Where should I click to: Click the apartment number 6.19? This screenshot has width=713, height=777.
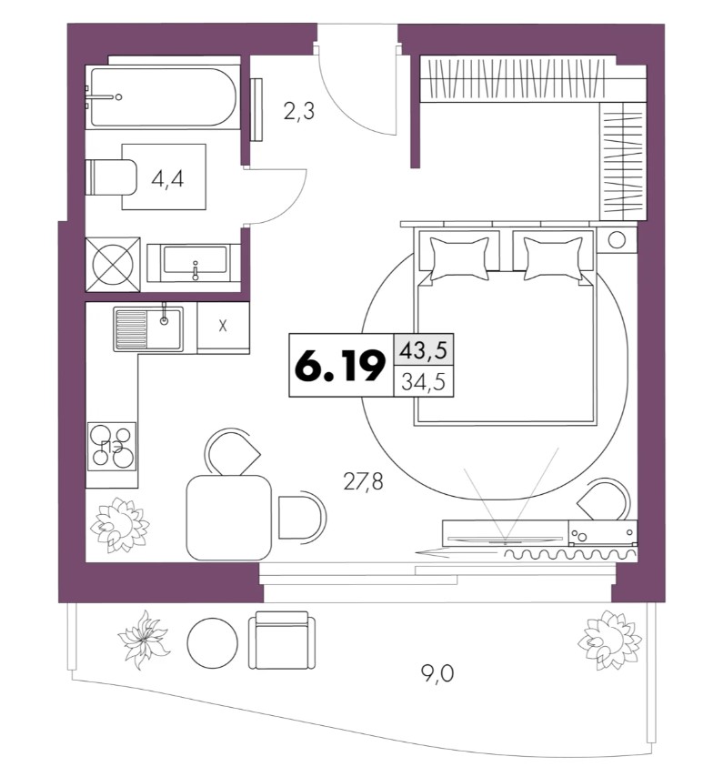(340, 365)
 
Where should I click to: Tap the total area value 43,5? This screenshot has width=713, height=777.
(423, 350)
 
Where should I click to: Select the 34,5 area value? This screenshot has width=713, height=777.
(423, 381)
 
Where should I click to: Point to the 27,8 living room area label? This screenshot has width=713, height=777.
(363, 480)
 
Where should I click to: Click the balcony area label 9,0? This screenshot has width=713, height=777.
(437, 673)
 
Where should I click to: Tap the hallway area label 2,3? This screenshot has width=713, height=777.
(299, 112)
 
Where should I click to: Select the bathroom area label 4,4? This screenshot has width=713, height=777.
(167, 179)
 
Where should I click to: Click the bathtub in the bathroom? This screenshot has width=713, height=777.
(163, 97)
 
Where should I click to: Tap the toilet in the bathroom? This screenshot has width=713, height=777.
(111, 177)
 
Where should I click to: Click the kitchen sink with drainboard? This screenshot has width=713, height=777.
(148, 329)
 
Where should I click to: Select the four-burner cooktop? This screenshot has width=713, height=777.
(112, 446)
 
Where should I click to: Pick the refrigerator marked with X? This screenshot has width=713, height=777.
(223, 326)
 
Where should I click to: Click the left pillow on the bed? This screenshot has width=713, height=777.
(459, 258)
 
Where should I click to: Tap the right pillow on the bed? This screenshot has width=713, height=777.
(553, 258)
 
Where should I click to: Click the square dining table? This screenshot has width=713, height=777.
(229, 518)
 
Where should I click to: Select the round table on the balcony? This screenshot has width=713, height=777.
(212, 643)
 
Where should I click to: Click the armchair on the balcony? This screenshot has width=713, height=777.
(281, 640)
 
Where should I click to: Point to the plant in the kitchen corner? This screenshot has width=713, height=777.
(120, 524)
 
